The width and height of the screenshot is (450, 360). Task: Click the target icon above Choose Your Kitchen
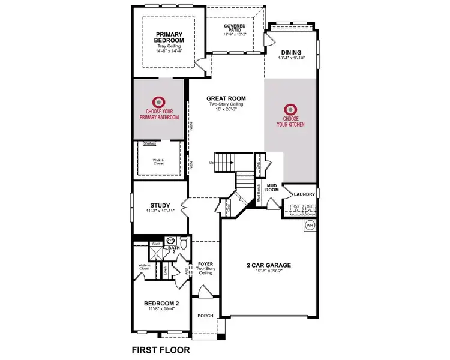[291, 109]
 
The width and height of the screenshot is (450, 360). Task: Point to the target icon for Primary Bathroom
[160, 101]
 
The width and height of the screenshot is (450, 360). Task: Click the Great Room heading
[226, 99]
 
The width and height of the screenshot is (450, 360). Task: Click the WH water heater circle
[310, 225]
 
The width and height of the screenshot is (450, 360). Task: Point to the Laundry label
[305, 194]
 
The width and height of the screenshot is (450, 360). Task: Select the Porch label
[206, 316]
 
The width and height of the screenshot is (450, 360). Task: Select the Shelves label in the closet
[149, 144]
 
